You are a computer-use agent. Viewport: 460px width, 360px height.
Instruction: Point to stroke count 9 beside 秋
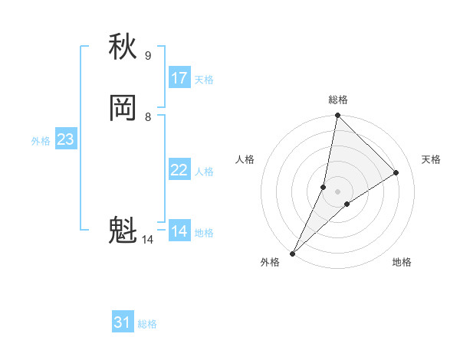(147, 55)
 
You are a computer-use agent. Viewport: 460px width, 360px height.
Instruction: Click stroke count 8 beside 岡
(147, 116)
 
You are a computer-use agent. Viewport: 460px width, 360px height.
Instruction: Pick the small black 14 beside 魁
(147, 240)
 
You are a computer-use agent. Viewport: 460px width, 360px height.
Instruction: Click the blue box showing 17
(179, 77)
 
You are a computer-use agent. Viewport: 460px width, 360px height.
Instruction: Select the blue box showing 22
(179, 170)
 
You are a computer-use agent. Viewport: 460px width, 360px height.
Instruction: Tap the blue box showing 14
(179, 231)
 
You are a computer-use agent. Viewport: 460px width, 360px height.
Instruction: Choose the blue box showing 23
(65, 139)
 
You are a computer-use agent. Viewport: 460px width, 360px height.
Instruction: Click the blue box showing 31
(123, 322)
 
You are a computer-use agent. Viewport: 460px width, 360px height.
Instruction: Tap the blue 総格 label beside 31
(147, 324)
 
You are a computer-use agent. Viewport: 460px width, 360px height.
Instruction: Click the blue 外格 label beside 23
(41, 141)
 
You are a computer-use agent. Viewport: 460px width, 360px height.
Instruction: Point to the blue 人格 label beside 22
(204, 172)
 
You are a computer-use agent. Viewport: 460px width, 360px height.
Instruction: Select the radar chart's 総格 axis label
(337, 100)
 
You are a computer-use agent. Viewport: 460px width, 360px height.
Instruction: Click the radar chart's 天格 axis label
(431, 159)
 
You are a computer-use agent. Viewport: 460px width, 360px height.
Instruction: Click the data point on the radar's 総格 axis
(337, 116)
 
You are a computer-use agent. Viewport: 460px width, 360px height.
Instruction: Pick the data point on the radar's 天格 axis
(396, 172)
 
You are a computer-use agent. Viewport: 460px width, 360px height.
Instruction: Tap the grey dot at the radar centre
(337, 191)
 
